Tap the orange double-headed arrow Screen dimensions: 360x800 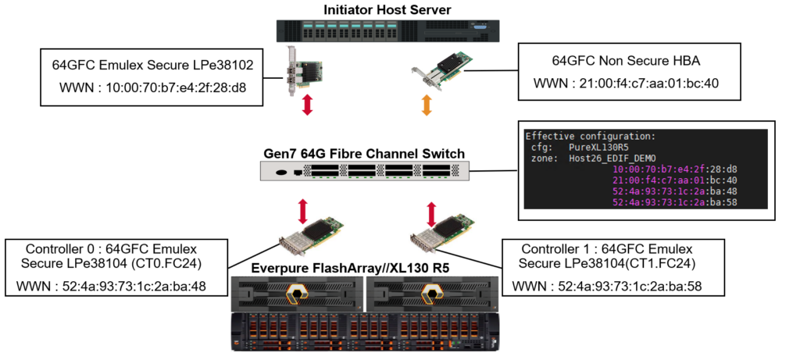coord(426,105)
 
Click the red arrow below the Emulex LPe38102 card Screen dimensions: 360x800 coord(307,105)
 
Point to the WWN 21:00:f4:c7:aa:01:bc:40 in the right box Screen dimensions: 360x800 coord(629,83)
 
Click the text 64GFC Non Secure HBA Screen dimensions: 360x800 coord(629,59)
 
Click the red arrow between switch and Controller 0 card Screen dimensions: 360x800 coord(304,211)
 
